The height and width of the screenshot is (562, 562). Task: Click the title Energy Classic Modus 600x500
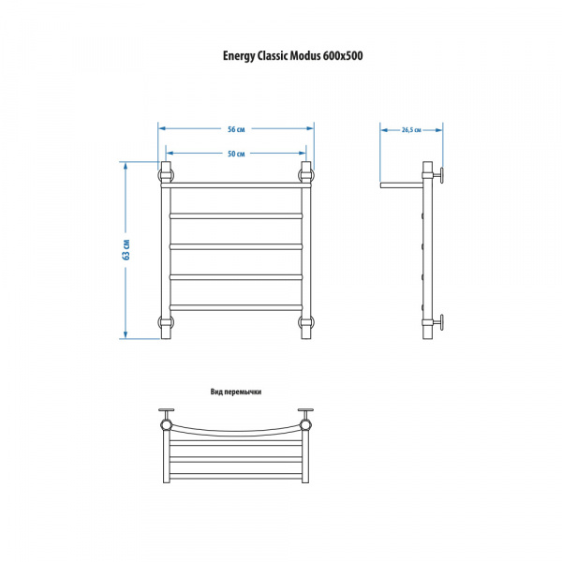point(292,56)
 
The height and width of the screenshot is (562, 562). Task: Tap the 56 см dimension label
point(236,129)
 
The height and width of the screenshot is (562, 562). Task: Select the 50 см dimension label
point(236,154)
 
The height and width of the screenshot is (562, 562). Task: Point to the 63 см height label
point(126,249)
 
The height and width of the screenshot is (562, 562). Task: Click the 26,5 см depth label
point(411,130)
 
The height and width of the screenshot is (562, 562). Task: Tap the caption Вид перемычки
point(236,392)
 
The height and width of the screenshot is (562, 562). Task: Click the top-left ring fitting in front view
point(166,175)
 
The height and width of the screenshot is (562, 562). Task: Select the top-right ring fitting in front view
point(305,175)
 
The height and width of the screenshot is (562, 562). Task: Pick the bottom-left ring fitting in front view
point(166,321)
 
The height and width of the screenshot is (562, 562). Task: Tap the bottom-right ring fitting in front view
point(305,321)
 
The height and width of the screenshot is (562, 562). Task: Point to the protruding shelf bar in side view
point(402,185)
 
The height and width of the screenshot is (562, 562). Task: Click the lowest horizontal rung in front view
point(236,307)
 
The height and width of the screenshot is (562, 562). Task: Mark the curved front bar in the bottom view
point(236,431)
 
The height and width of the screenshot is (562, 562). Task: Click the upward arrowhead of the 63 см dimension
point(126,166)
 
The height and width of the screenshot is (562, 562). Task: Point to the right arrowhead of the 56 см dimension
point(310,128)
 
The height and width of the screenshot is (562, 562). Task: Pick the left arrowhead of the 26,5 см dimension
point(384,130)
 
